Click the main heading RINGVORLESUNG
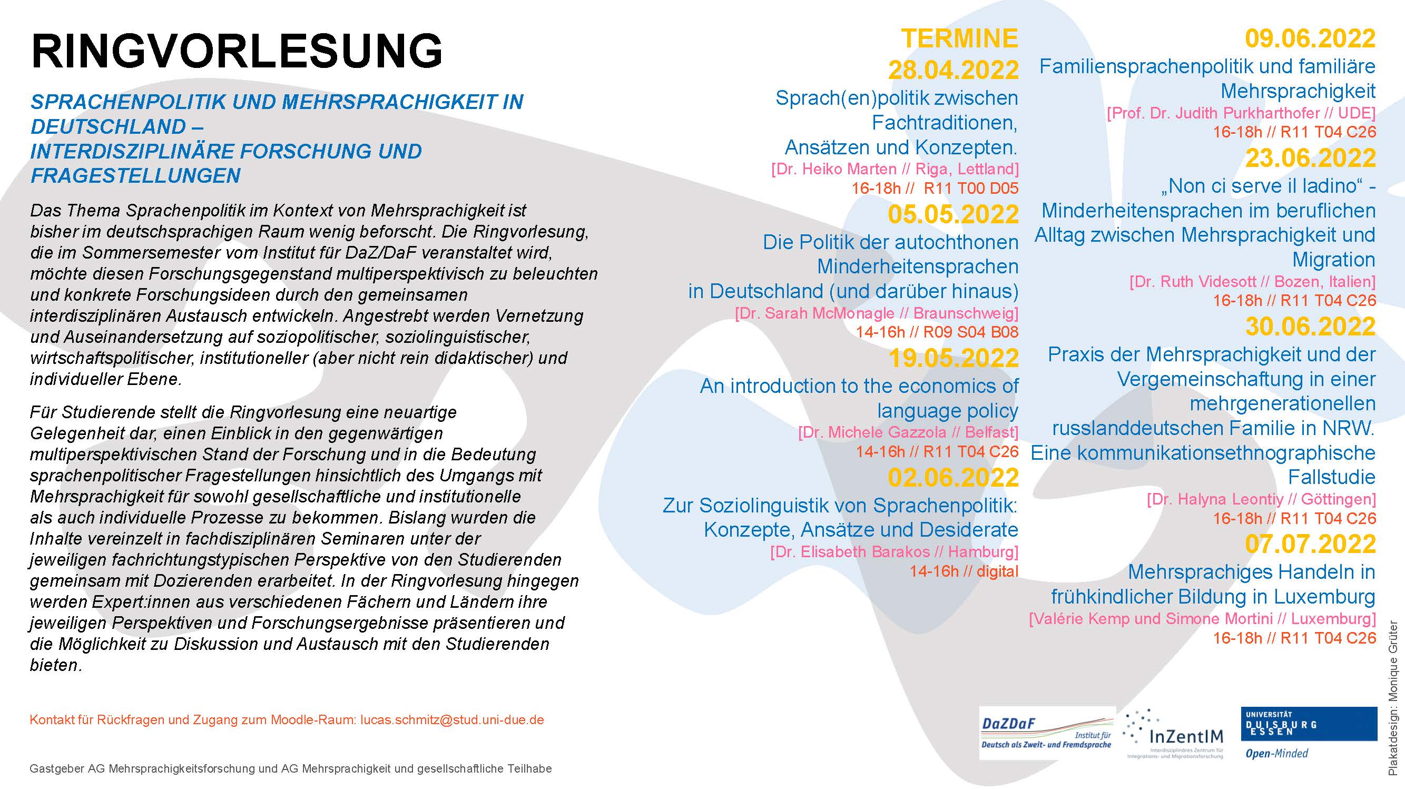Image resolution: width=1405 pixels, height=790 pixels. pyautogui.click(x=237, y=51)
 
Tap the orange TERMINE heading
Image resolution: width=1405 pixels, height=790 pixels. pyautogui.click(x=959, y=38)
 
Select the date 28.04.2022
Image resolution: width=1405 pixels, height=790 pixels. pyautogui.click(x=953, y=70)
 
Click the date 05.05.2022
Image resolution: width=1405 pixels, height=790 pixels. pyautogui.click(x=953, y=214)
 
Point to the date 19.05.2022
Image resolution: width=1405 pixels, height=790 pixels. pyautogui.click(x=953, y=358)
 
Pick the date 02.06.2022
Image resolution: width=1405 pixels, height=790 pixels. pyautogui.click(x=953, y=478)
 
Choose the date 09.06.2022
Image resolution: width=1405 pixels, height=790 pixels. pyautogui.click(x=1310, y=38)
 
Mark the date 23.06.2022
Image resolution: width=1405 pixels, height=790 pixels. pyautogui.click(x=1310, y=158)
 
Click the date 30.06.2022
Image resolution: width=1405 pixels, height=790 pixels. pyautogui.click(x=1310, y=327)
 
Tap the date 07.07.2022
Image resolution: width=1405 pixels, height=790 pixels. pyautogui.click(x=1310, y=544)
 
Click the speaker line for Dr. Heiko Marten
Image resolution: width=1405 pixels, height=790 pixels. pyautogui.click(x=895, y=169)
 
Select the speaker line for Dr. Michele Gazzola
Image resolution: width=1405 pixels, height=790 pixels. pyautogui.click(x=908, y=432)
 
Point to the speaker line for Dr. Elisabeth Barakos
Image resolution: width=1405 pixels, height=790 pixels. pyautogui.click(x=894, y=552)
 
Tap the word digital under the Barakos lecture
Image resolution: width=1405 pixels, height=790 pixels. pyautogui.click(x=997, y=571)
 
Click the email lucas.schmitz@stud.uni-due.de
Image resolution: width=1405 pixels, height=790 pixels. pyautogui.click(x=452, y=719)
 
